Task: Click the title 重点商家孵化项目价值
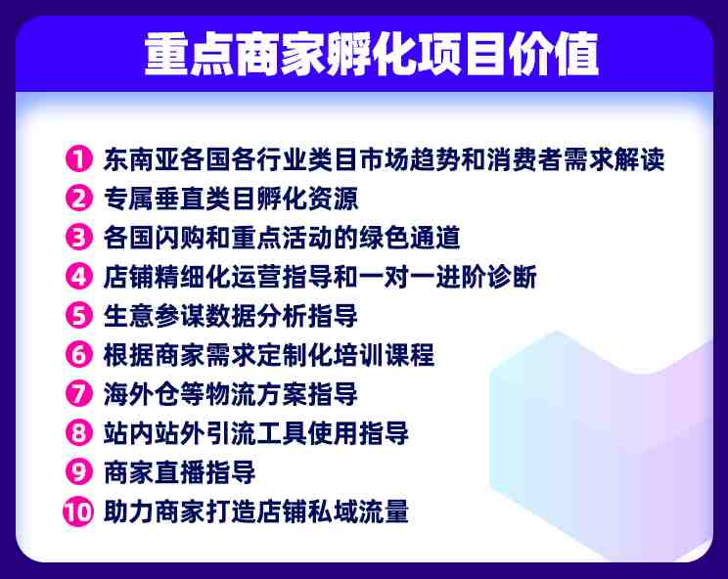tap(372, 54)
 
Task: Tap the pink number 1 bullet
tap(79, 159)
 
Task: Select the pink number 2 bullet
tap(79, 199)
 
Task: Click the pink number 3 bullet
tap(79, 237)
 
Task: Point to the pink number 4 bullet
tap(79, 277)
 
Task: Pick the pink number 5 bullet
tap(79, 316)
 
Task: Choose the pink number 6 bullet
tap(79, 355)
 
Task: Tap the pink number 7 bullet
tap(79, 394)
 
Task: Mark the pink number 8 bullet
tap(79, 433)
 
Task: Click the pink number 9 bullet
tap(79, 472)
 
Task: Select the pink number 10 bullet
tap(78, 512)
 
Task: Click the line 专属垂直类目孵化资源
tap(231, 199)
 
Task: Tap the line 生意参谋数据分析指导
tap(231, 316)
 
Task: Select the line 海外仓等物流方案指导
tap(231, 394)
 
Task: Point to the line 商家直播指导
tap(180, 472)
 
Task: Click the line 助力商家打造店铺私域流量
tap(256, 512)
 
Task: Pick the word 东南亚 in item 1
tap(142, 159)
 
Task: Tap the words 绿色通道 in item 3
tap(409, 238)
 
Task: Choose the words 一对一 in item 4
tap(396, 277)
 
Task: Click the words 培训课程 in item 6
tap(384, 355)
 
